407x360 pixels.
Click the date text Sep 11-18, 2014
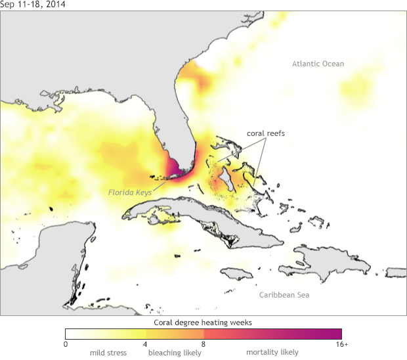(x=33, y=5)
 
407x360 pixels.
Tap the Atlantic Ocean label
(x=318, y=64)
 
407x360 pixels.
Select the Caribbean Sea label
(x=284, y=295)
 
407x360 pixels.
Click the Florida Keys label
(x=129, y=192)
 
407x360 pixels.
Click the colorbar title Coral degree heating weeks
(x=203, y=323)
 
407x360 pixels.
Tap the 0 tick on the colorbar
(x=66, y=344)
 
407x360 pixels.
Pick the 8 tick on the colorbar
(x=203, y=344)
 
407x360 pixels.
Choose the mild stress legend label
(x=108, y=353)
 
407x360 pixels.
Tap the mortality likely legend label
(x=272, y=353)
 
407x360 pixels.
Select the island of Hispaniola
(x=315, y=259)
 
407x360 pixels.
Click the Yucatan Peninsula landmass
(x=59, y=250)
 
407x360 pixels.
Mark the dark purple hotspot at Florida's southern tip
(x=173, y=168)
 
